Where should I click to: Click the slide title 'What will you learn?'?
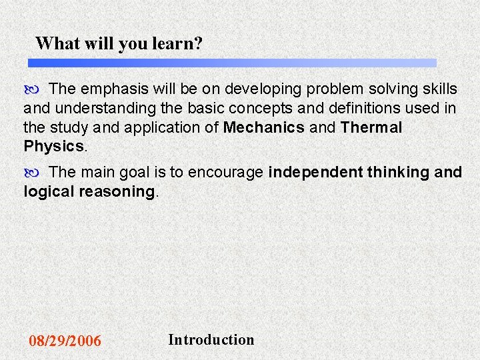[119, 44]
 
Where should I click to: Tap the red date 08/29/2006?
[65, 341]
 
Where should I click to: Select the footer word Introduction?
[211, 339]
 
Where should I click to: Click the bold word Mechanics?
[264, 127]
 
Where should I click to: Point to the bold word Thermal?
[371, 127]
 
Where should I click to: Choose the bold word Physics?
[53, 146]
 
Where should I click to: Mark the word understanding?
[103, 108]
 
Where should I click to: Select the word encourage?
[225, 173]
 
